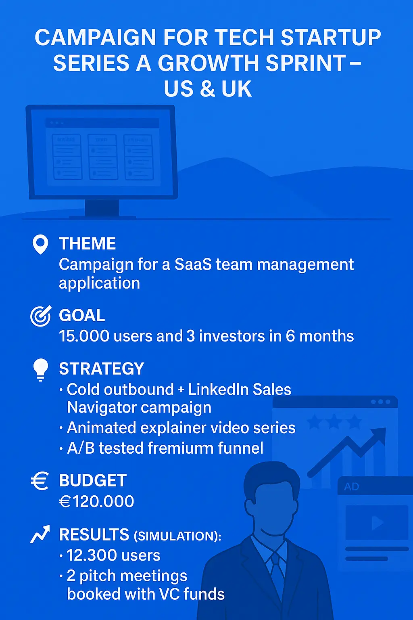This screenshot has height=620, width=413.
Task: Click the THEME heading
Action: click(88, 243)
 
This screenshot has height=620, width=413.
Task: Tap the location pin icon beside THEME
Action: click(40, 244)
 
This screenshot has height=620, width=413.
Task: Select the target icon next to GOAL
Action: click(41, 316)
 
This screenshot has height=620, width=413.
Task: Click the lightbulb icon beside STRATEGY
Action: click(41, 370)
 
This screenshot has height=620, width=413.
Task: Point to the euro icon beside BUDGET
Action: click(40, 481)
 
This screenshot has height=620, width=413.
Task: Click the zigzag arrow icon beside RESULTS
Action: click(40, 534)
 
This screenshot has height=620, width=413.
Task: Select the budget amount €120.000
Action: click(96, 501)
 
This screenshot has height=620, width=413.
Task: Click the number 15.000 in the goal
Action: click(84, 336)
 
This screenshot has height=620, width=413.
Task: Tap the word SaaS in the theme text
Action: click(193, 265)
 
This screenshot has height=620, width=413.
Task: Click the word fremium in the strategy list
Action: click(181, 448)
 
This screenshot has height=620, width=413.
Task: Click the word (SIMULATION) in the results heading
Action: click(177, 536)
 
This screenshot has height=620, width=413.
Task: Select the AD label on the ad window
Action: click(351, 486)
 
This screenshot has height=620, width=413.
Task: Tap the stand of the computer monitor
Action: click(102, 208)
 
